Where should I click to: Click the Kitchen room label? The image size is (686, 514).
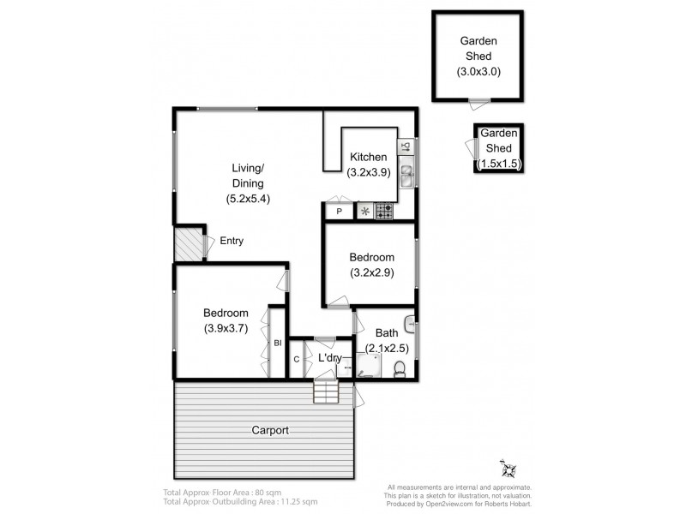point(369,157)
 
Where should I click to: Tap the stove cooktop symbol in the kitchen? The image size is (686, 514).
point(382,210)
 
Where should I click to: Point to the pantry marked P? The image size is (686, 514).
point(339,211)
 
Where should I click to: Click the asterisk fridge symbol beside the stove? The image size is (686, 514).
point(364,210)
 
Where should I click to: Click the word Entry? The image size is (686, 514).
point(232,241)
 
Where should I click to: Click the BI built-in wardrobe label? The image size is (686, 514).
point(277,344)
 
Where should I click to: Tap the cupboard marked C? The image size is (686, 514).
point(297,360)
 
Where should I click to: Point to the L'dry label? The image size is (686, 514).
point(330,358)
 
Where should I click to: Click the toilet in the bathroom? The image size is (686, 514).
point(400,369)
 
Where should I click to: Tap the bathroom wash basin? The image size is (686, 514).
point(411,325)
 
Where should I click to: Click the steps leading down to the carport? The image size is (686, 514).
point(326,392)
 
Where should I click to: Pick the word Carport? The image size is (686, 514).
point(269,430)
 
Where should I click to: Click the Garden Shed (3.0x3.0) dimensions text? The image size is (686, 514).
point(477,72)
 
